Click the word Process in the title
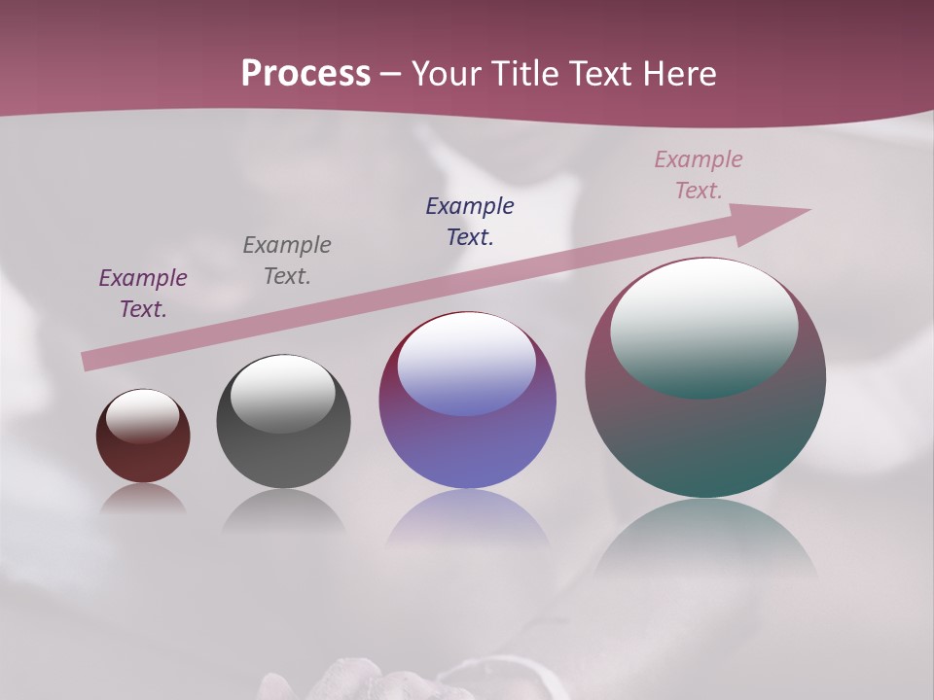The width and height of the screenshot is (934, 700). [305, 74]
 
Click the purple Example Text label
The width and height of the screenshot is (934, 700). [143, 294]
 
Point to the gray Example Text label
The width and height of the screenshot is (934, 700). [287, 261]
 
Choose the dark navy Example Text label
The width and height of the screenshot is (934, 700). [470, 222]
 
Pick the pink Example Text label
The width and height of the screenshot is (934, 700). [699, 175]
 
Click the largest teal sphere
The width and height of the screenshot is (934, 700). [705, 437]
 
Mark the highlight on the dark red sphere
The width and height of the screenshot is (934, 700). [143, 416]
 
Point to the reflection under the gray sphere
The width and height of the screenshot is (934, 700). [283, 512]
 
